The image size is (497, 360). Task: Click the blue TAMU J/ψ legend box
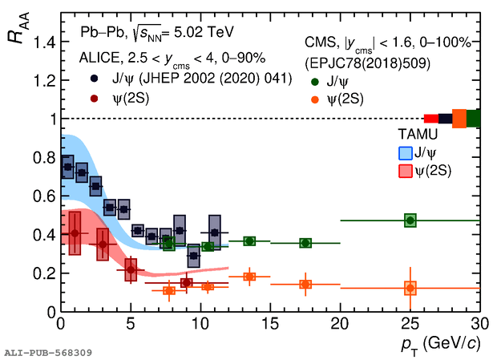coord(406,152)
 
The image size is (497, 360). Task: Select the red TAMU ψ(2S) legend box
coord(406,171)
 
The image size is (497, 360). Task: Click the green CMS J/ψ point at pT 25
coord(410,220)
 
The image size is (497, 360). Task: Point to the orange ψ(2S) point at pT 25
coord(410,288)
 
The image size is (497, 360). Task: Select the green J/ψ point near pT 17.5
coord(305,243)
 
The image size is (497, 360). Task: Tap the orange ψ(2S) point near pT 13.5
coord(249,277)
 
